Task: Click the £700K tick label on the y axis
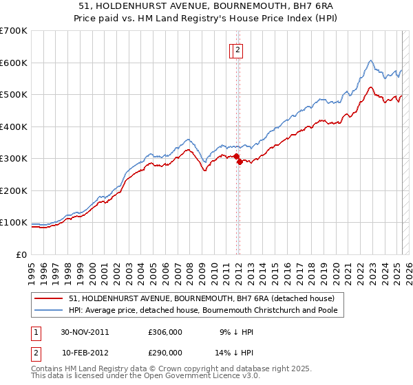(14, 31)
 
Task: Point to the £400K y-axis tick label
(14, 126)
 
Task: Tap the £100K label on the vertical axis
(14, 223)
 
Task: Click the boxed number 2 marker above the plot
(237, 49)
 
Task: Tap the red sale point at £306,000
(237, 157)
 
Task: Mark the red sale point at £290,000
(239, 162)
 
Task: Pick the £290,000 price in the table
(165, 352)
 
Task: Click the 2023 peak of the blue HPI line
(370, 60)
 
